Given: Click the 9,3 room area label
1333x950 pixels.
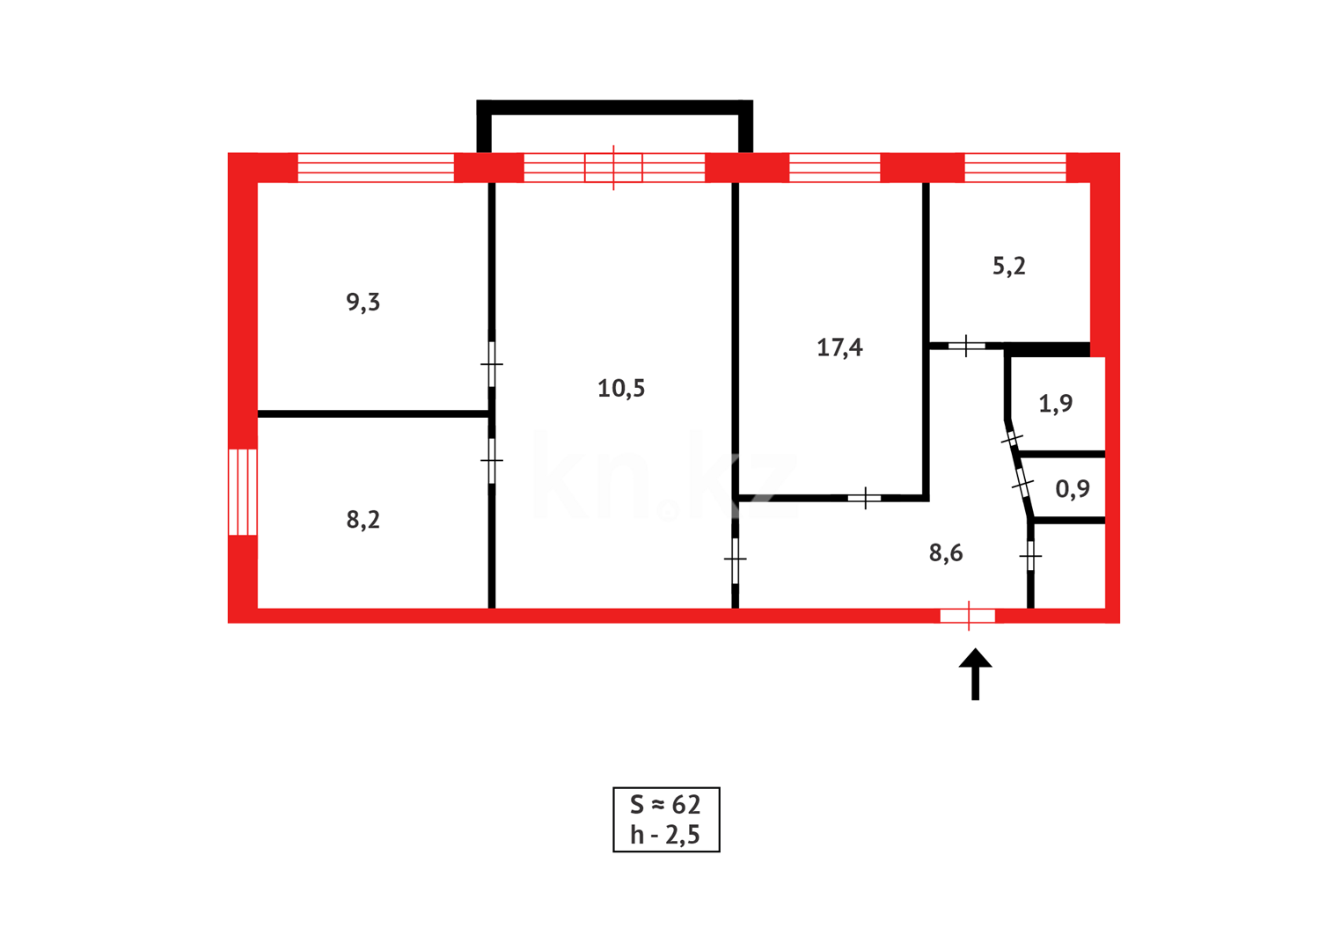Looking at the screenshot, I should tap(363, 303).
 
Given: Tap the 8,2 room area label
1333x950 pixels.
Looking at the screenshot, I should tap(363, 520).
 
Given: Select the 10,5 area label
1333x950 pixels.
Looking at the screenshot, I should tap(621, 388).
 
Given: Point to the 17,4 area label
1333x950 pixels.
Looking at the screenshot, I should tap(839, 347).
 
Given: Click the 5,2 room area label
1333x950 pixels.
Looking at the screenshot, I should tap(1009, 266).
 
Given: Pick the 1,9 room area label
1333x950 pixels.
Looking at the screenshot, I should tap(1055, 404).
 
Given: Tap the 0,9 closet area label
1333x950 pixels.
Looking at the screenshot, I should tap(1073, 489).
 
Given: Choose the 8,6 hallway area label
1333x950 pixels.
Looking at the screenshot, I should tap(946, 553).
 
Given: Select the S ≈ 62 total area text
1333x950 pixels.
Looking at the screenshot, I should tap(665, 805).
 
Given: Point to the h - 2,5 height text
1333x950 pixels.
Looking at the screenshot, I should tap(665, 835).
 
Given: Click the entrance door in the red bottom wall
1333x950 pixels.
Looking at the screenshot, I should tap(968, 616).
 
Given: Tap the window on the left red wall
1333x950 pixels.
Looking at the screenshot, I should tap(243, 492).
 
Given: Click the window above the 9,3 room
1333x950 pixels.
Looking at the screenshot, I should tap(376, 167).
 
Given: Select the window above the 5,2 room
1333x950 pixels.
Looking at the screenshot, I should tap(1015, 167).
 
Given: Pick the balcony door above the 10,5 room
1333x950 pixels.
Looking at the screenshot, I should tap(614, 167).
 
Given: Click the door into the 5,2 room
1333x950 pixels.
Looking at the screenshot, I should tap(966, 346).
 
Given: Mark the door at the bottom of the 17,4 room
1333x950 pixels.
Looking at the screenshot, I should tap(865, 499).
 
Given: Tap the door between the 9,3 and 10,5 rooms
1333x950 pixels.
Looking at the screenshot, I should tap(492, 363).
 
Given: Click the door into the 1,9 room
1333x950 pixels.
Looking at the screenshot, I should tap(1012, 437).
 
